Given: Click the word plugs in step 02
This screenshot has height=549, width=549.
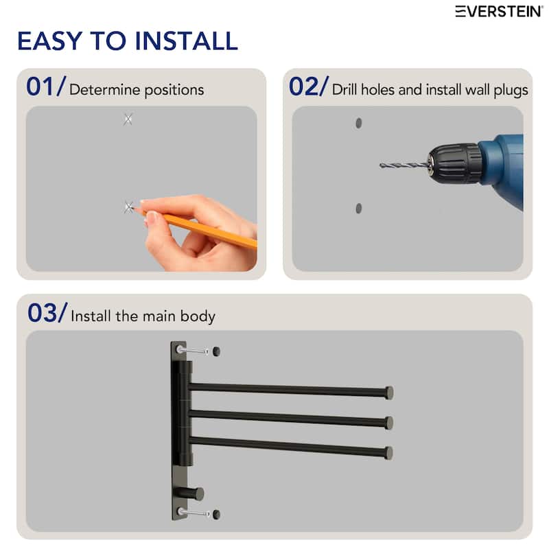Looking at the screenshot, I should coord(511,90).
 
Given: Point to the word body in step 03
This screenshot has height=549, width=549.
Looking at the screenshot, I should coord(199,316).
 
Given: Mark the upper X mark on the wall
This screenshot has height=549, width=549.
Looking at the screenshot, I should coord(128,119).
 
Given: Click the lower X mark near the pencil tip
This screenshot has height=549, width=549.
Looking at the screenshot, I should coord(128,207).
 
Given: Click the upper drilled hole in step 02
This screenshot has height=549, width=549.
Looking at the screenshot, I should coord(358,123).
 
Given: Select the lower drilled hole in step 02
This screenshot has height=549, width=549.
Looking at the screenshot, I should coord(358,208).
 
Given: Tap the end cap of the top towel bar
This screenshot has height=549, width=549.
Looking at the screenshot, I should coord(389,393).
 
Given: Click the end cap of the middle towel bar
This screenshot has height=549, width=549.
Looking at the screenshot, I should coord(389,423).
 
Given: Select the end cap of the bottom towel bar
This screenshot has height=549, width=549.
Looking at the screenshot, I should coord(389,453).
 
